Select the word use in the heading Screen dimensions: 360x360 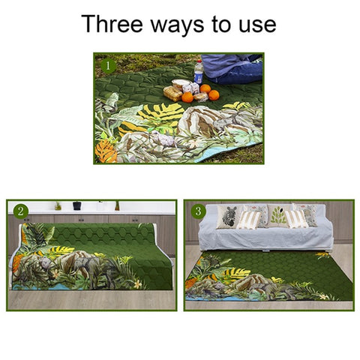(257, 24)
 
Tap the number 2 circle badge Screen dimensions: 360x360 (21, 211)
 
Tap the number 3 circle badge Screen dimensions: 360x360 (198, 211)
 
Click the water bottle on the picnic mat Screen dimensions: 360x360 (198, 71)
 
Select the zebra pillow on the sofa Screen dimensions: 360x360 (229, 216)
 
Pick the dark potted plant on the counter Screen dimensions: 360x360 (76, 205)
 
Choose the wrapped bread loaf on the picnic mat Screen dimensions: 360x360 (174, 91)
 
